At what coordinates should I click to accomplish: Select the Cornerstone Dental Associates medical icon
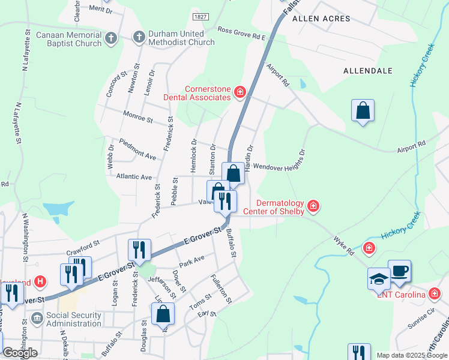240,92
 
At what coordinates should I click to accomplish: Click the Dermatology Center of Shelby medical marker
313,206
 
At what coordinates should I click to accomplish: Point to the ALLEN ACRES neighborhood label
321,19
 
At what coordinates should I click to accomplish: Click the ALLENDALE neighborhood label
367,71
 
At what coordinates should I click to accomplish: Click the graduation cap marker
379,279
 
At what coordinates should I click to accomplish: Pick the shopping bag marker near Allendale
363,111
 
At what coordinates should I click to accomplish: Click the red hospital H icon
40,281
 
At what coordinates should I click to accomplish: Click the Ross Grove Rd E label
241,33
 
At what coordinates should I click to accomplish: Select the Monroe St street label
137,116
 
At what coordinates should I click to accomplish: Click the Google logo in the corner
20,353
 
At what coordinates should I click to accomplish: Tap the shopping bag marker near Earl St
163,313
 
